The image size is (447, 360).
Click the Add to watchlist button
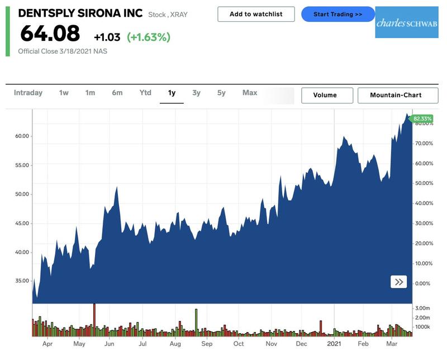(x=256, y=14)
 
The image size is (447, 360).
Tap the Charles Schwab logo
(x=399, y=23)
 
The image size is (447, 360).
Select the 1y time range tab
(x=172, y=93)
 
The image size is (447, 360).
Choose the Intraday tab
(x=28, y=93)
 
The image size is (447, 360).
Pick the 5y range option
(x=221, y=93)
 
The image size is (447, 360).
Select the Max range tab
(x=250, y=93)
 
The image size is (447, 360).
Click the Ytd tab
(x=145, y=93)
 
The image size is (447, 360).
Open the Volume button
(x=327, y=95)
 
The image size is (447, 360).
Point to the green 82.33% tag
(x=423, y=119)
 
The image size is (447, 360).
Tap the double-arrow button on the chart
(x=399, y=282)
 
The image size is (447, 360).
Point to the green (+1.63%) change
(x=149, y=37)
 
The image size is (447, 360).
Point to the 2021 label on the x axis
(x=334, y=343)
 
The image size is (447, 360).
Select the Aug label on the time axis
(x=175, y=343)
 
